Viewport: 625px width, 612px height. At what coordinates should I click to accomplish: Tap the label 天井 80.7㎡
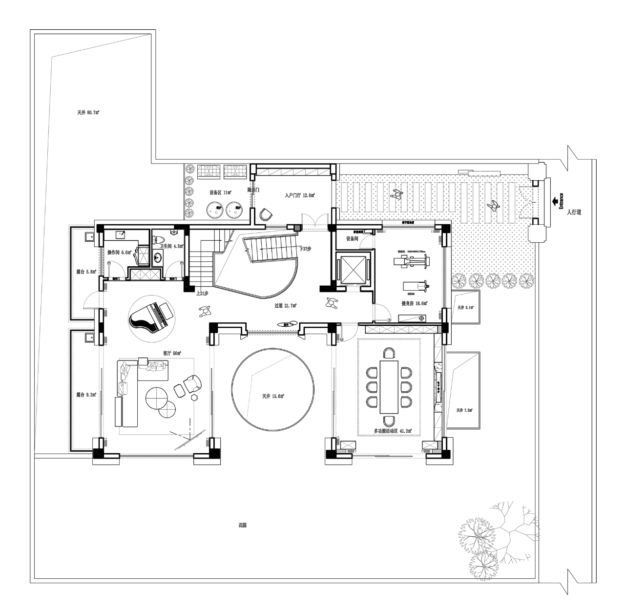point(88,112)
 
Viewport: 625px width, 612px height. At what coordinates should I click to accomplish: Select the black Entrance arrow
point(555,200)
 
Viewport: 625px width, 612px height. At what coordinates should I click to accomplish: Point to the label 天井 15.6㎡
point(273,396)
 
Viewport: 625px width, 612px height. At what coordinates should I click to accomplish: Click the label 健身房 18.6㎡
point(414,303)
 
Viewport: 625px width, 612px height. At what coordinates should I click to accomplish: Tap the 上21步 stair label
point(202,294)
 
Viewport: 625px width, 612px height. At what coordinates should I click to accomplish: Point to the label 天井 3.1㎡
point(465,308)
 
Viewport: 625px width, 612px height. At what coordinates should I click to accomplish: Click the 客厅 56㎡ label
point(172,353)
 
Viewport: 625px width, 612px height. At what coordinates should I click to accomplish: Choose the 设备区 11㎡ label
point(220,192)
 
